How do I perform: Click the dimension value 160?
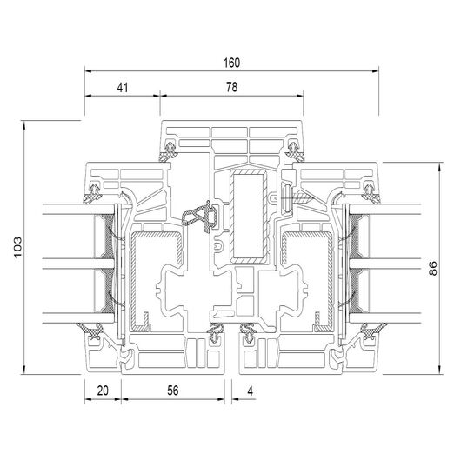click(x=231, y=63)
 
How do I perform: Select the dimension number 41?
click(x=123, y=88)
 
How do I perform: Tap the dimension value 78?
click(x=231, y=87)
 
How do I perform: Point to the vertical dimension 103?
click(x=17, y=247)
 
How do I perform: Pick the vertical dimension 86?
click(x=433, y=268)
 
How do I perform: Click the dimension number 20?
click(x=103, y=391)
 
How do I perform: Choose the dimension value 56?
click(x=173, y=391)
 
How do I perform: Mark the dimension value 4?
click(x=250, y=391)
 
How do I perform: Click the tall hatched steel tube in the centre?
click(x=249, y=216)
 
